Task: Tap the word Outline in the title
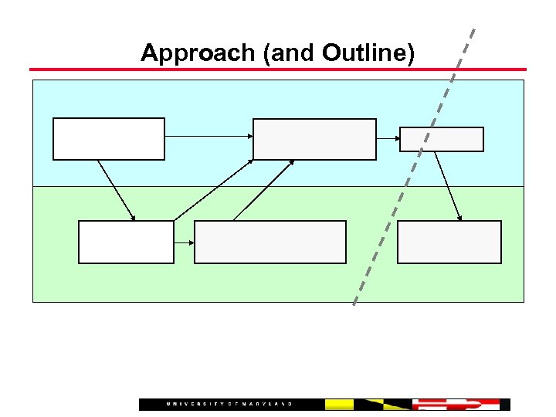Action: point(368,53)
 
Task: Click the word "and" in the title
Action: point(293,53)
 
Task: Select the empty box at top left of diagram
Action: point(108,138)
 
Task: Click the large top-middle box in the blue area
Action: point(314,139)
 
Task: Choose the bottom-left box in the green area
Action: point(126,242)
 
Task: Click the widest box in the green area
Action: point(270,242)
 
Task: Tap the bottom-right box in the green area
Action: point(449,242)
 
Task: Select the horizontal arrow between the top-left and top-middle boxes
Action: point(208,137)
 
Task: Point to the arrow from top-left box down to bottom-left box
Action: point(117,191)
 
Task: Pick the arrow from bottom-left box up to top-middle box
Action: point(214,190)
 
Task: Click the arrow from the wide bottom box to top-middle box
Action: point(263,190)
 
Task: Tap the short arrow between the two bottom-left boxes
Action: point(184,242)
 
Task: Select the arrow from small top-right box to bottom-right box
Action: point(448,186)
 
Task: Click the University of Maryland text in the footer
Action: point(229,405)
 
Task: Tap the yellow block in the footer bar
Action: point(339,405)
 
